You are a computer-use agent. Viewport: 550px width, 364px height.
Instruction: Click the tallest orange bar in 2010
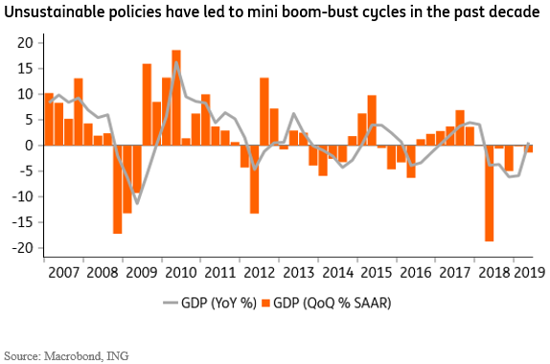tap(176, 98)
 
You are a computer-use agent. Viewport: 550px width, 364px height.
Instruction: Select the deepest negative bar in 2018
tap(489, 193)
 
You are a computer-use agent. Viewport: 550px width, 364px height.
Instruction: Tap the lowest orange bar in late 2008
tap(118, 190)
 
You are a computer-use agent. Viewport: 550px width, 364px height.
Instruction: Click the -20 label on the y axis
tap(22, 248)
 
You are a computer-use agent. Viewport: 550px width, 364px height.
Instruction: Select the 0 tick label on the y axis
tap(30, 146)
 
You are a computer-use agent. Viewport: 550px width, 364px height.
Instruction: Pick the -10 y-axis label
tap(22, 196)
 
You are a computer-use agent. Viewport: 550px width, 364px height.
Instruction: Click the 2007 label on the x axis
tap(63, 272)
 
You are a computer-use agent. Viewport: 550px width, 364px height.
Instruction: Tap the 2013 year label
tap(299, 272)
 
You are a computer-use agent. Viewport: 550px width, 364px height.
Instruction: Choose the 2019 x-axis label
tap(530, 272)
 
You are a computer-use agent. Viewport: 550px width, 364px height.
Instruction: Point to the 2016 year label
tap(416, 272)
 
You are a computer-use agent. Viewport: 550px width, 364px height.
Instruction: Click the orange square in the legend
tap(265, 303)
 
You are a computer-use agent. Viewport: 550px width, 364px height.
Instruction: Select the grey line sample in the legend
tap(171, 303)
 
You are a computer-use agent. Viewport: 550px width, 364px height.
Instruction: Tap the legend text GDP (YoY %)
tap(218, 303)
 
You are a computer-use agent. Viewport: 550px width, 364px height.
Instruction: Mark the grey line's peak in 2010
tap(176, 62)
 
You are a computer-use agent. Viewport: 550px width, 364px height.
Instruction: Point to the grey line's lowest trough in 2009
tap(137, 204)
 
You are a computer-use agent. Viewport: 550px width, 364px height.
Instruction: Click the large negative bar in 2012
tap(254, 179)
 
